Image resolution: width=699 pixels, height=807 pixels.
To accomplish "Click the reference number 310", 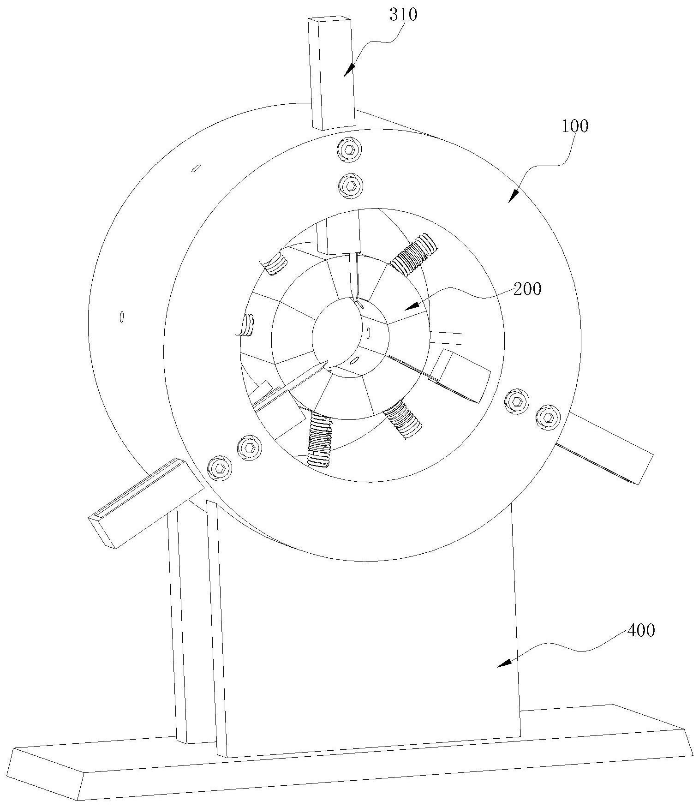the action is point(403,15).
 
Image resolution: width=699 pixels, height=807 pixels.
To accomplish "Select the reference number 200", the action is point(528,289).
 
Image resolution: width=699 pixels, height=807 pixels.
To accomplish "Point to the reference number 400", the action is point(641,631).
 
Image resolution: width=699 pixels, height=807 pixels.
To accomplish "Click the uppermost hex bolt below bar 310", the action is point(349,149).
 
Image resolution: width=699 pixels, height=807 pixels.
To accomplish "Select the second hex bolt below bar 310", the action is point(350,186).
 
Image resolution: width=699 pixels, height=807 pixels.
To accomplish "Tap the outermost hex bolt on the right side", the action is point(548,417).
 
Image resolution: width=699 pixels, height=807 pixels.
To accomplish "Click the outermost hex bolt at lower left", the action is point(218,468).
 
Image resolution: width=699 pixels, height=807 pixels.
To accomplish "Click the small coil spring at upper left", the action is point(275,264).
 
